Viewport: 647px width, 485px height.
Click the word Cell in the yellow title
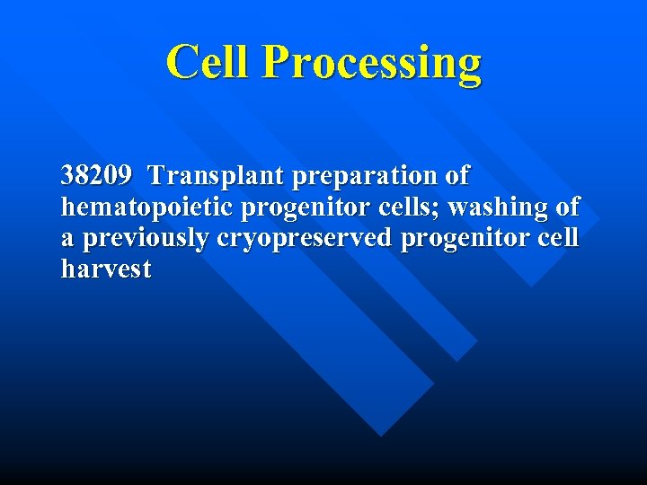(209, 63)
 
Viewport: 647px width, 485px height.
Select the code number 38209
(96, 174)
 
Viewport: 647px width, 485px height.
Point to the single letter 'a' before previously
(68, 240)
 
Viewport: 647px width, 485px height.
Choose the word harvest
(106, 269)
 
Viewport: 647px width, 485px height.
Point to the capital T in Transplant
(158, 174)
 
